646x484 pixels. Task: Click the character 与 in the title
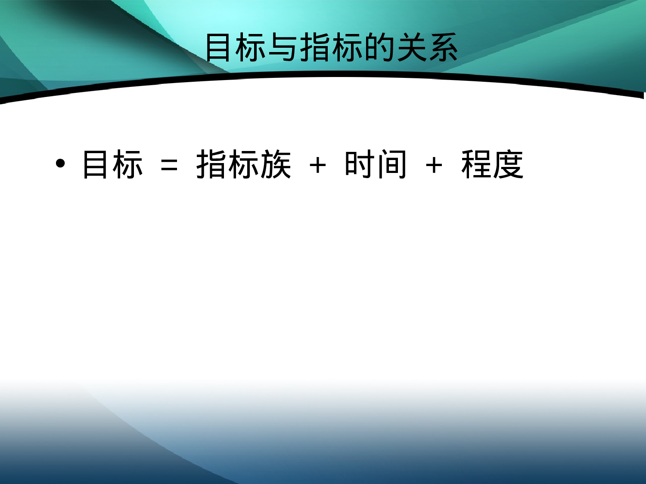pos(283,47)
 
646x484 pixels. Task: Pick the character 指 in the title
pos(316,47)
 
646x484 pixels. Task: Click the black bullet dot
pos(60,163)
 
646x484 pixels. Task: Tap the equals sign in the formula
pos(169,165)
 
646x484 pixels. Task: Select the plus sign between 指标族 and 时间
pos(318,165)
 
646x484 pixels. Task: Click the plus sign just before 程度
pos(434,165)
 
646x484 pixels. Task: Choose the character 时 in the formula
pos(359,164)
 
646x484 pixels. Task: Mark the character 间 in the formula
pos(391,164)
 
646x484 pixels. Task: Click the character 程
pos(476,164)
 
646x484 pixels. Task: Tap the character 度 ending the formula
pos(508,164)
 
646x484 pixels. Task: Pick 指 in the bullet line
pos(212,164)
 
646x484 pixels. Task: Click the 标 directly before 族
pos(244,164)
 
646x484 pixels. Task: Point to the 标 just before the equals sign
pos(127,164)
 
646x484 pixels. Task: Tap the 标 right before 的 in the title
pos(347,47)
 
